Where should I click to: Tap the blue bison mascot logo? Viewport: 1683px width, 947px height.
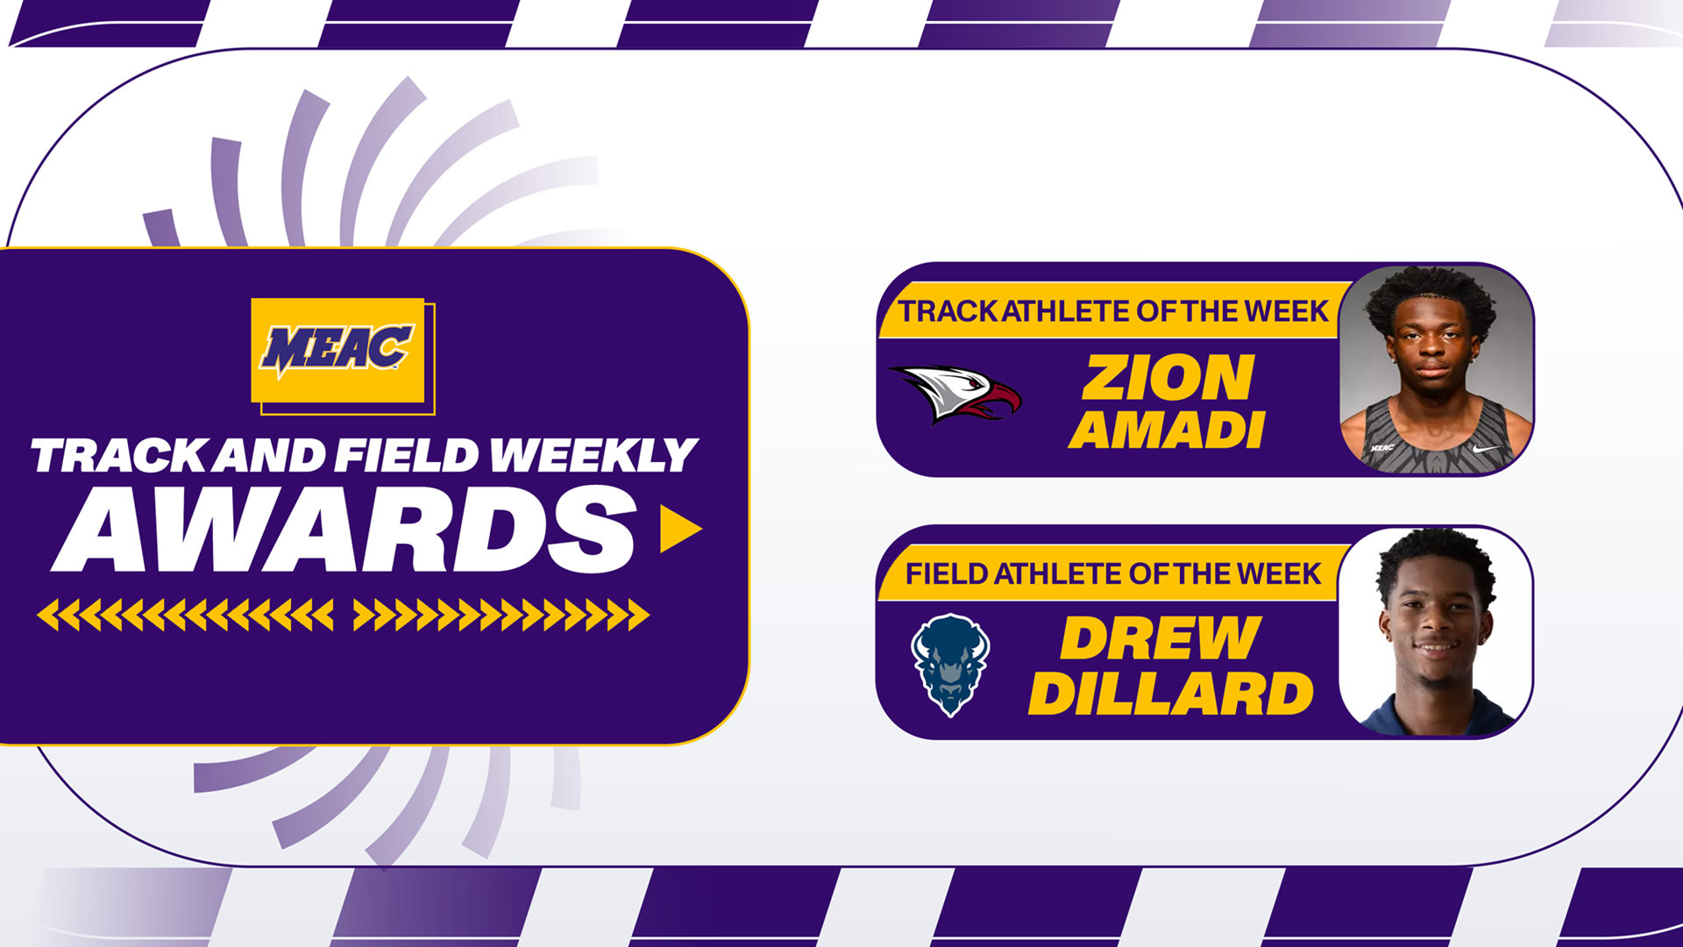tap(950, 665)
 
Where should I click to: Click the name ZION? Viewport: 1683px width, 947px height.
tap(1168, 378)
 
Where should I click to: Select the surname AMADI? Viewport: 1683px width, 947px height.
tap(1167, 430)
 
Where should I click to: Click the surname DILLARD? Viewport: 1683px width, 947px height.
tap(1171, 694)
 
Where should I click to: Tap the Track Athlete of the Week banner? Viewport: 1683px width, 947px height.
tap(1113, 311)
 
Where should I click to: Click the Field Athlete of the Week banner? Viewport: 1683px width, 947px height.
tap(1112, 574)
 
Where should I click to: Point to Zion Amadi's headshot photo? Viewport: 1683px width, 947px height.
tap(1435, 369)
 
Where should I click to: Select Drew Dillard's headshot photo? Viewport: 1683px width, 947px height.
tap(1435, 631)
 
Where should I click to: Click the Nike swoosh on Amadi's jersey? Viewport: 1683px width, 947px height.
tap(1487, 449)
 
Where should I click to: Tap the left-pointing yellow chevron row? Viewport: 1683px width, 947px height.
tap(185, 615)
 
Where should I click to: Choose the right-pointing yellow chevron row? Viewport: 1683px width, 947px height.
tap(501, 615)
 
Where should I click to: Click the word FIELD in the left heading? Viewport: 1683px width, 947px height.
tap(408, 456)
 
